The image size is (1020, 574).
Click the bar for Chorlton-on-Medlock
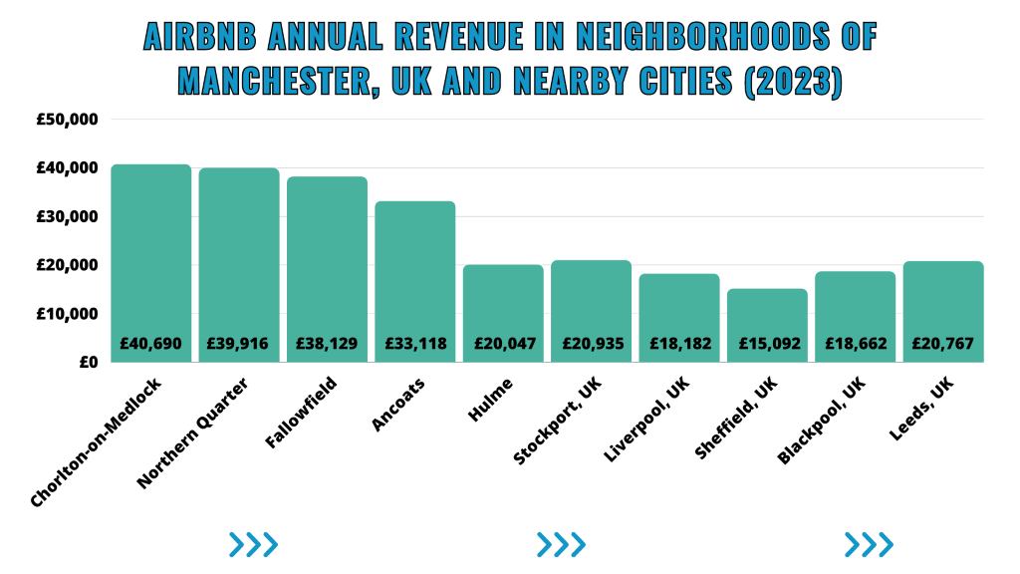(x=151, y=259)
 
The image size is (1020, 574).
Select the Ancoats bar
(x=415, y=269)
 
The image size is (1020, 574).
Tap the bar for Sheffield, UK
(x=767, y=319)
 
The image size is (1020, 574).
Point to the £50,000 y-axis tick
(x=68, y=120)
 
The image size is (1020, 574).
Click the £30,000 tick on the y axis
(x=68, y=216)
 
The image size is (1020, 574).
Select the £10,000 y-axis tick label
(x=68, y=314)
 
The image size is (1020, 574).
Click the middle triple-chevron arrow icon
(x=561, y=544)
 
